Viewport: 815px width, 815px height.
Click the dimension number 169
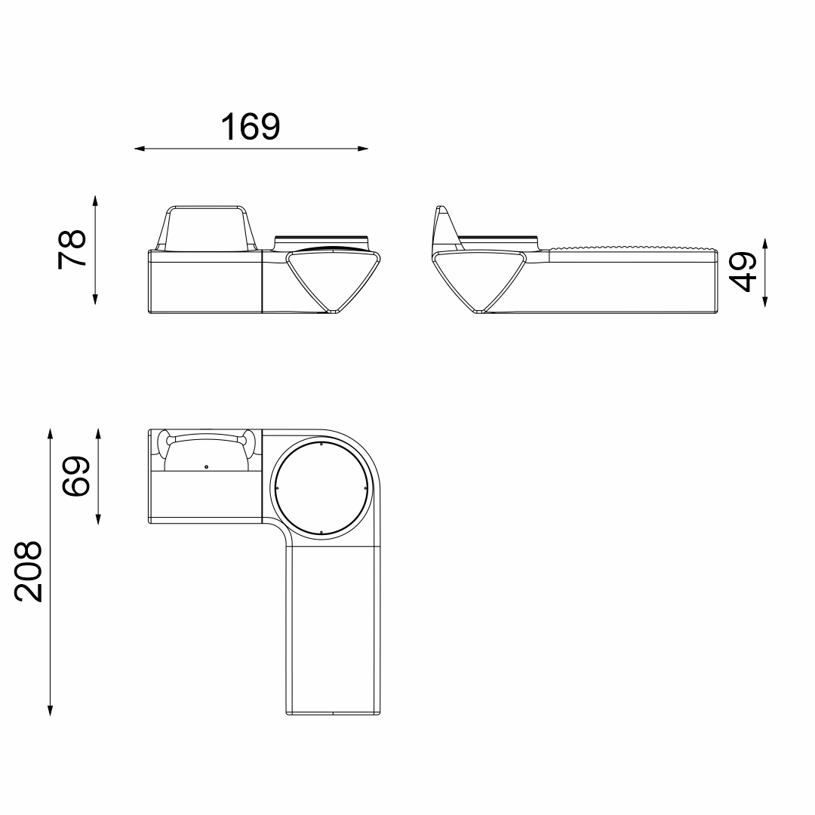[251, 127]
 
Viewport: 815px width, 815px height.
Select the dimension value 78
[72, 248]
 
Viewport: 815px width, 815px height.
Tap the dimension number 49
[743, 272]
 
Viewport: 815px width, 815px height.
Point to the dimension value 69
[76, 476]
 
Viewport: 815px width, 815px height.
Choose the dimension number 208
[28, 572]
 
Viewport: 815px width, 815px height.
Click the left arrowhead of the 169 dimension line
[140, 149]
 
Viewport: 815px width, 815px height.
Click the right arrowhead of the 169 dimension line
[363, 149]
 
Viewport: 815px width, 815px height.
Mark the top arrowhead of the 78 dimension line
[95, 201]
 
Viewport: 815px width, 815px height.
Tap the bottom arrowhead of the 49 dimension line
[765, 301]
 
